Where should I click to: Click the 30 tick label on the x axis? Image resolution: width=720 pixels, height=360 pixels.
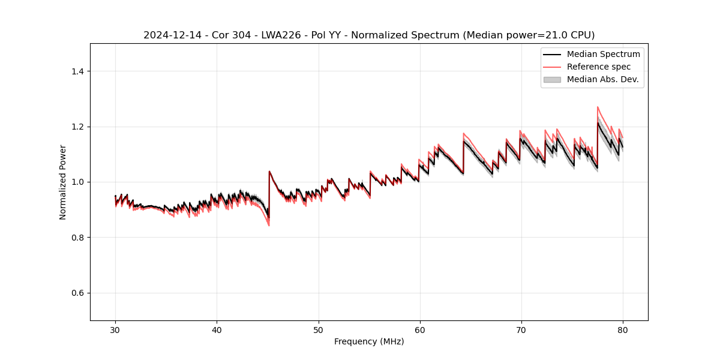pos(115,329)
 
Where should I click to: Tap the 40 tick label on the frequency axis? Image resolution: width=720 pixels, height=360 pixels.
pos(217,329)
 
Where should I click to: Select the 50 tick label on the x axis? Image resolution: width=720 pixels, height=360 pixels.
pos(319,329)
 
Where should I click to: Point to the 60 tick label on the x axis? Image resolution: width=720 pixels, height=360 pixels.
pos(420,329)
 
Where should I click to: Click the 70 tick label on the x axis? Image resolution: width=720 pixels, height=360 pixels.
pos(521,329)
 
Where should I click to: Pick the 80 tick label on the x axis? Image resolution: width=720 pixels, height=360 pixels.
pos(623,329)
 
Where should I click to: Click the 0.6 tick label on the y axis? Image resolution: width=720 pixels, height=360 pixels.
pos(77,293)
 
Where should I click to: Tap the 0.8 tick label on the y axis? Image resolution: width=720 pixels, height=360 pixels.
pos(77,238)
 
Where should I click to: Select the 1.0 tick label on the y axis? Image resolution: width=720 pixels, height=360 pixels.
pos(77,182)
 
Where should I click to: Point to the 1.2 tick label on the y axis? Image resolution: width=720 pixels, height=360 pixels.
pos(77,127)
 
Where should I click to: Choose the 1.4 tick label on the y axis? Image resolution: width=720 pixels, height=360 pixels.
pos(77,71)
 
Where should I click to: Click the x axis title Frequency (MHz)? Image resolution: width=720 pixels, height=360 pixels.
pos(369,341)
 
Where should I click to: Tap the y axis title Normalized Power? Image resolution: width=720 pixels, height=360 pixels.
pos(63,182)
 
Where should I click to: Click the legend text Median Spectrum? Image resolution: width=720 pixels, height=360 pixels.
pos(603,54)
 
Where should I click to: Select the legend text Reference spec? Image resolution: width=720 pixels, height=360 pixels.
pos(599,67)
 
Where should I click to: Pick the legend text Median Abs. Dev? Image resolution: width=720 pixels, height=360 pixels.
pos(602,79)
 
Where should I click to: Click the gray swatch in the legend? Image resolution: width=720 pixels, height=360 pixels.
pos(552,79)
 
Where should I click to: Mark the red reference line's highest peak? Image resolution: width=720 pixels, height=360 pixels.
pos(598,107)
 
